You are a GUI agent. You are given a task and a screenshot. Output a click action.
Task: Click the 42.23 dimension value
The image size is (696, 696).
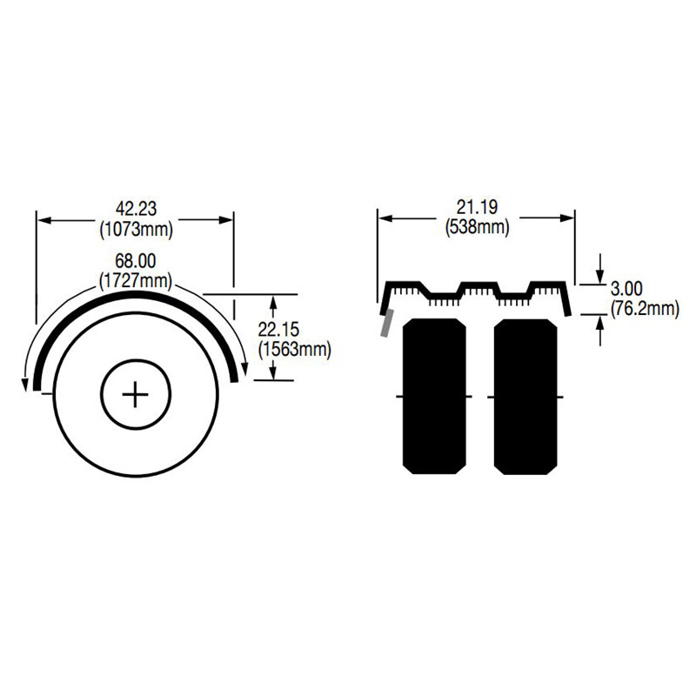(135, 208)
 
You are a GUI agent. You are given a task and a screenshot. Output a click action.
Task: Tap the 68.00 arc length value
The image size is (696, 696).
(135, 261)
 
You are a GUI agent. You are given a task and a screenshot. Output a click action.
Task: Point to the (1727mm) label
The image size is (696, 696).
(135, 281)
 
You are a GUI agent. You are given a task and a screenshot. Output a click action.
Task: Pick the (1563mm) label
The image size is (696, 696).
(295, 349)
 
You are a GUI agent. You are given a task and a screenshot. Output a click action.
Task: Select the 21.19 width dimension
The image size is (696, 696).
(476, 207)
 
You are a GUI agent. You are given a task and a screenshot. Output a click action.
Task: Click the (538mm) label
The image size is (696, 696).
(476, 228)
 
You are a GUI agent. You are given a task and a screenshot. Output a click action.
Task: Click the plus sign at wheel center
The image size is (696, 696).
(136, 395)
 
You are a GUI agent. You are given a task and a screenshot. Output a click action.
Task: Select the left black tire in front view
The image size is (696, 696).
(433, 396)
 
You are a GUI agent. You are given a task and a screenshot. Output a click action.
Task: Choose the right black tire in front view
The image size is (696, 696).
(525, 396)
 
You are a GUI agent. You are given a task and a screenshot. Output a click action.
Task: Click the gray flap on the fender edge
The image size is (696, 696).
(385, 323)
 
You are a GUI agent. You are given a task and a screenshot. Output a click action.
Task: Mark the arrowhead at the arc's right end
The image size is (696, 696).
(245, 371)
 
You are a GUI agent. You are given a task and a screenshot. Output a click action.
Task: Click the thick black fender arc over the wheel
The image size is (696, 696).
(135, 297)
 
